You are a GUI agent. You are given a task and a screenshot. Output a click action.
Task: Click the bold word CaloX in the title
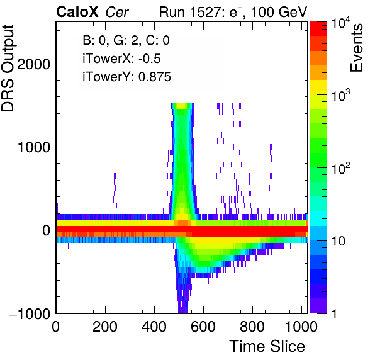tap(77, 12)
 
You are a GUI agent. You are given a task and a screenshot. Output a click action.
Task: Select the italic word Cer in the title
tap(117, 12)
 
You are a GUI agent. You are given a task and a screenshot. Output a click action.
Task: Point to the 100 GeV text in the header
tap(279, 12)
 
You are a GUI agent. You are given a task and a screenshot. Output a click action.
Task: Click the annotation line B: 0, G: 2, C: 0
tap(126, 40)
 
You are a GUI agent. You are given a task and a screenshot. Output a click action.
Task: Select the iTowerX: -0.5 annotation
tap(121, 59)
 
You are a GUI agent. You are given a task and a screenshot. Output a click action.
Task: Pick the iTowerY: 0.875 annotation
tap(126, 77)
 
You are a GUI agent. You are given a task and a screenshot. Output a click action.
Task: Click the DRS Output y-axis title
tap(8, 68)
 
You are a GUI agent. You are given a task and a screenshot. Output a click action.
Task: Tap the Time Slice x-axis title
tap(267, 346)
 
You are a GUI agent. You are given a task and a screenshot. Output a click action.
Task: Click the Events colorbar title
tap(356, 48)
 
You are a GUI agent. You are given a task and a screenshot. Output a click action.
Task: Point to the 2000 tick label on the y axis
tap(34, 64)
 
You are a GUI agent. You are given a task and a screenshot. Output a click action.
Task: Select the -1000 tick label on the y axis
tap(30, 313)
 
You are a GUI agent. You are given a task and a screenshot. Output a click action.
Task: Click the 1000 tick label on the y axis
tap(34, 147)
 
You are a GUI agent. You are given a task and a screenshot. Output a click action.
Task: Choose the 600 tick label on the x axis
tap(203, 327)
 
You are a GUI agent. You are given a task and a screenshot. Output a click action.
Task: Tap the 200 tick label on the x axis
tap(105, 327)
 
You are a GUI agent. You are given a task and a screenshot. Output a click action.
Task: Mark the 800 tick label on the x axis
tap(252, 327)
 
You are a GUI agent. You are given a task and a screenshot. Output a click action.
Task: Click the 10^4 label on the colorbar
tap(341, 24)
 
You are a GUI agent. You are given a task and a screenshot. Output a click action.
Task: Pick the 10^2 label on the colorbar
tap(341, 168)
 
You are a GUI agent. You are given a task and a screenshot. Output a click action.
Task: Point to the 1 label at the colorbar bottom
tap(335, 313)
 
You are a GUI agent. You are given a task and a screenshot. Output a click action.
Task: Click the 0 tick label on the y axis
tap(46, 230)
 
